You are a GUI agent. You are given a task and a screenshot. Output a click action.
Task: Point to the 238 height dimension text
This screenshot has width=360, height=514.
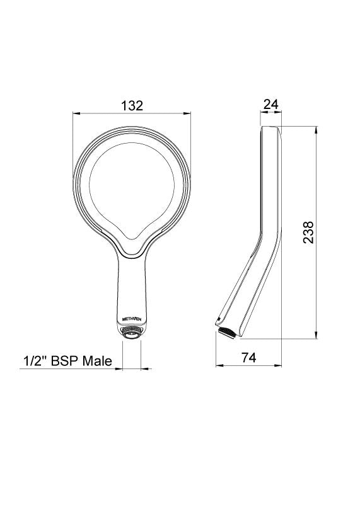pos(308,232)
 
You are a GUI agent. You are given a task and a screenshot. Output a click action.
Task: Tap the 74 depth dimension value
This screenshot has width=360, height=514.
pos(248,357)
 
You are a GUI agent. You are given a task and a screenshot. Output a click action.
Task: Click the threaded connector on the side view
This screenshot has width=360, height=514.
pos(226,331)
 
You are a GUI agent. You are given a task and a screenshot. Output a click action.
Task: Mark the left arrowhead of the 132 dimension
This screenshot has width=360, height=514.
pos(76,114)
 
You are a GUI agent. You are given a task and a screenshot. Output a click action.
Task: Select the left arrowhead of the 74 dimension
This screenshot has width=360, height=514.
pos(219,365)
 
